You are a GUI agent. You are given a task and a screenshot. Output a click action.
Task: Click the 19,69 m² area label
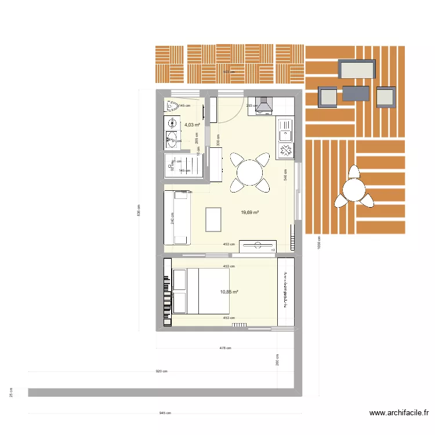[249, 213]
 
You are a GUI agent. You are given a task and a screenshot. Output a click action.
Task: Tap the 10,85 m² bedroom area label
[229, 292]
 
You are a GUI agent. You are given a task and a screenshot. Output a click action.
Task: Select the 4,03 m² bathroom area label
[192, 125]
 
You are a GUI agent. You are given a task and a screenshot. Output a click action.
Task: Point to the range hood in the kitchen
[265, 106]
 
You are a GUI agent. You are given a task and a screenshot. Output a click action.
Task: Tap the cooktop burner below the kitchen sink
[287, 150]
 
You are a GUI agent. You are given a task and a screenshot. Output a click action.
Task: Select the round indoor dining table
[250, 172]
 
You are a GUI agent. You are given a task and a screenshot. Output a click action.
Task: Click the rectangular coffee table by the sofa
[214, 220]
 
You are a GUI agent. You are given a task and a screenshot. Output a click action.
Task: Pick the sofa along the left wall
[179, 218]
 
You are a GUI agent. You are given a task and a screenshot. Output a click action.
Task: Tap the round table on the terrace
[353, 189]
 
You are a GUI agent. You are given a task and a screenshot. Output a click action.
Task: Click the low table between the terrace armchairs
[356, 93]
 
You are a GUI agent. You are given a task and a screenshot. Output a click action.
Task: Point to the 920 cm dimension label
[161, 371]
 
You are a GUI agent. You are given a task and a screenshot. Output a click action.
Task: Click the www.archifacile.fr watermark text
[398, 414]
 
